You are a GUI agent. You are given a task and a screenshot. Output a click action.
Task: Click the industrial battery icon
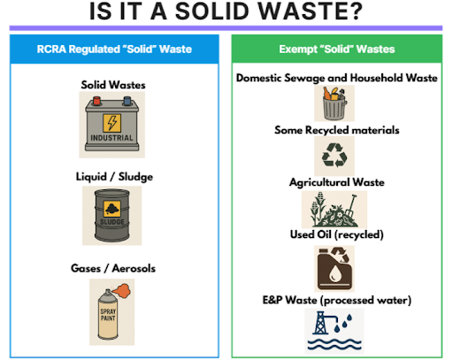click(113, 123)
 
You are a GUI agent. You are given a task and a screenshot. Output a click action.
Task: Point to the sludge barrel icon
click(112, 215)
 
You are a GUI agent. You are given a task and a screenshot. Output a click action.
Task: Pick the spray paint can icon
click(113, 310)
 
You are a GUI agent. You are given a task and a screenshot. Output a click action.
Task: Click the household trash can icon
click(334, 103)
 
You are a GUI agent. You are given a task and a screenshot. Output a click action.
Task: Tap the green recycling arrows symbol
click(335, 157)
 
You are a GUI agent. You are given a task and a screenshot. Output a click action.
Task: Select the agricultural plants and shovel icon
click(334, 210)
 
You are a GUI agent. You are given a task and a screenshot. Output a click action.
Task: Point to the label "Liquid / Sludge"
click(113, 177)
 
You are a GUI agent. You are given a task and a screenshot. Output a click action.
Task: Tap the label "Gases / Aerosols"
click(113, 267)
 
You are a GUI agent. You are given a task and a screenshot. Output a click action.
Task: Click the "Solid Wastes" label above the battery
click(113, 85)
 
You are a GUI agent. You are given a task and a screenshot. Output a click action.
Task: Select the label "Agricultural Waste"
click(336, 182)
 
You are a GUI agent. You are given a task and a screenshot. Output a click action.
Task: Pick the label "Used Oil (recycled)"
click(336, 234)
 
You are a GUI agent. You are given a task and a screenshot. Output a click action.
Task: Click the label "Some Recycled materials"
click(336, 130)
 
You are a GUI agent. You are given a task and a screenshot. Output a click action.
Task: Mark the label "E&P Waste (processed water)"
click(336, 300)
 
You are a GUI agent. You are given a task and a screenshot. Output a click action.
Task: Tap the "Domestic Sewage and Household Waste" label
click(336, 78)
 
